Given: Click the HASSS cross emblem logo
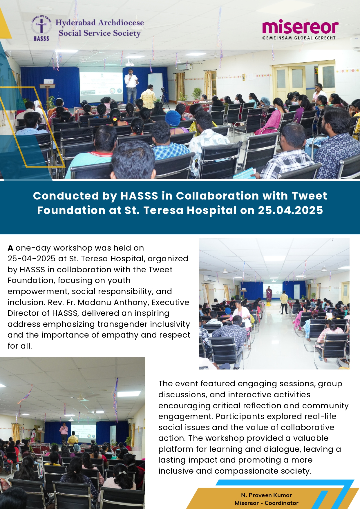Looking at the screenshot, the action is tap(41, 28).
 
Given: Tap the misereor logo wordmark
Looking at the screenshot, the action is tap(300, 27).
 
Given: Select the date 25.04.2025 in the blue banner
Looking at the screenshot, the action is tap(290, 210).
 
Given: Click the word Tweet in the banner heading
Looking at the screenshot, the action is tap(309, 196).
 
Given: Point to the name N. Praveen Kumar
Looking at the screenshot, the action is tap(266, 495).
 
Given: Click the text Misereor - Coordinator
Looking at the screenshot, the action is tap(266, 503).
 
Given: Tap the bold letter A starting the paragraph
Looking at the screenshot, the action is tap(10, 248).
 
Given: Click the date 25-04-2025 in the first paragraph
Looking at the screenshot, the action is tap(31, 259).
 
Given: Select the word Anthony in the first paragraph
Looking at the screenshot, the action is tap(131, 302).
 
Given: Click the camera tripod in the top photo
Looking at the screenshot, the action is tap(165, 98).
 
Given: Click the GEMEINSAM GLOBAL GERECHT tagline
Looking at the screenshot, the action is tap(299, 38).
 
